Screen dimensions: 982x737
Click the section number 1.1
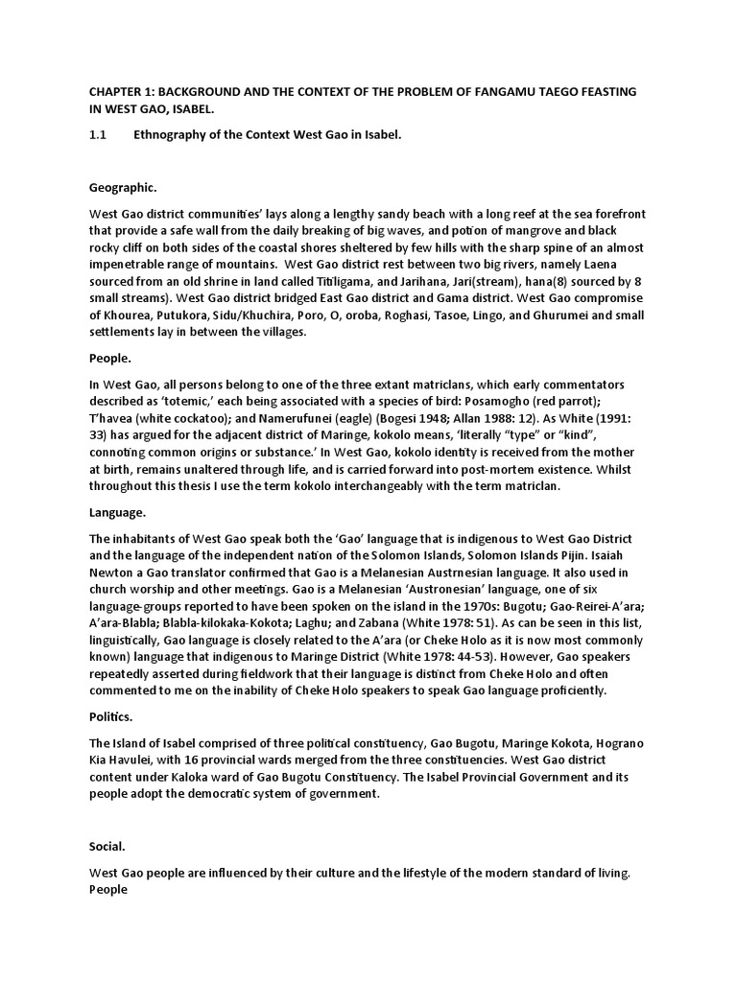coord(97,135)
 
